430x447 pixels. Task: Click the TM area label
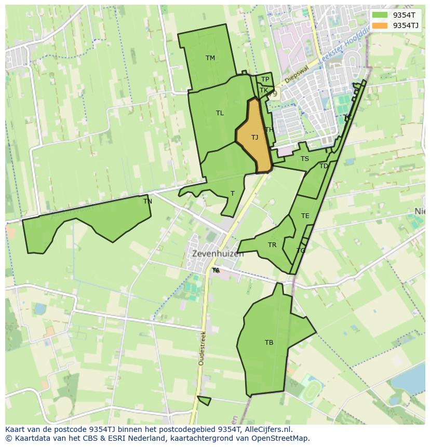(x=210, y=58)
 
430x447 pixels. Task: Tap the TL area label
(x=220, y=113)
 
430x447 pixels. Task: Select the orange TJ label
(x=254, y=138)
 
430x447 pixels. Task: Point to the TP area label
(x=265, y=79)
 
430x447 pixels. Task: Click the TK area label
(x=264, y=90)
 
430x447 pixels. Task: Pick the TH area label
(x=269, y=130)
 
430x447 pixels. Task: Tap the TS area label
(x=304, y=159)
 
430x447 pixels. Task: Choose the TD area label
(x=324, y=166)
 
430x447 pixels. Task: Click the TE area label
(x=305, y=216)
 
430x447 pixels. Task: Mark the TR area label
(x=272, y=245)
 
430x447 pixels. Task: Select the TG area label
(x=301, y=251)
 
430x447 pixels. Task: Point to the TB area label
(x=269, y=343)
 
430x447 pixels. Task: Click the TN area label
(x=147, y=201)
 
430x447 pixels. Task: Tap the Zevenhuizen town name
(x=218, y=254)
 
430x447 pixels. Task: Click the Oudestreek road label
(x=202, y=348)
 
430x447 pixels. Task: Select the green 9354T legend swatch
(x=380, y=15)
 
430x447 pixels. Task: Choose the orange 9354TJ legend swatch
(x=380, y=25)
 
